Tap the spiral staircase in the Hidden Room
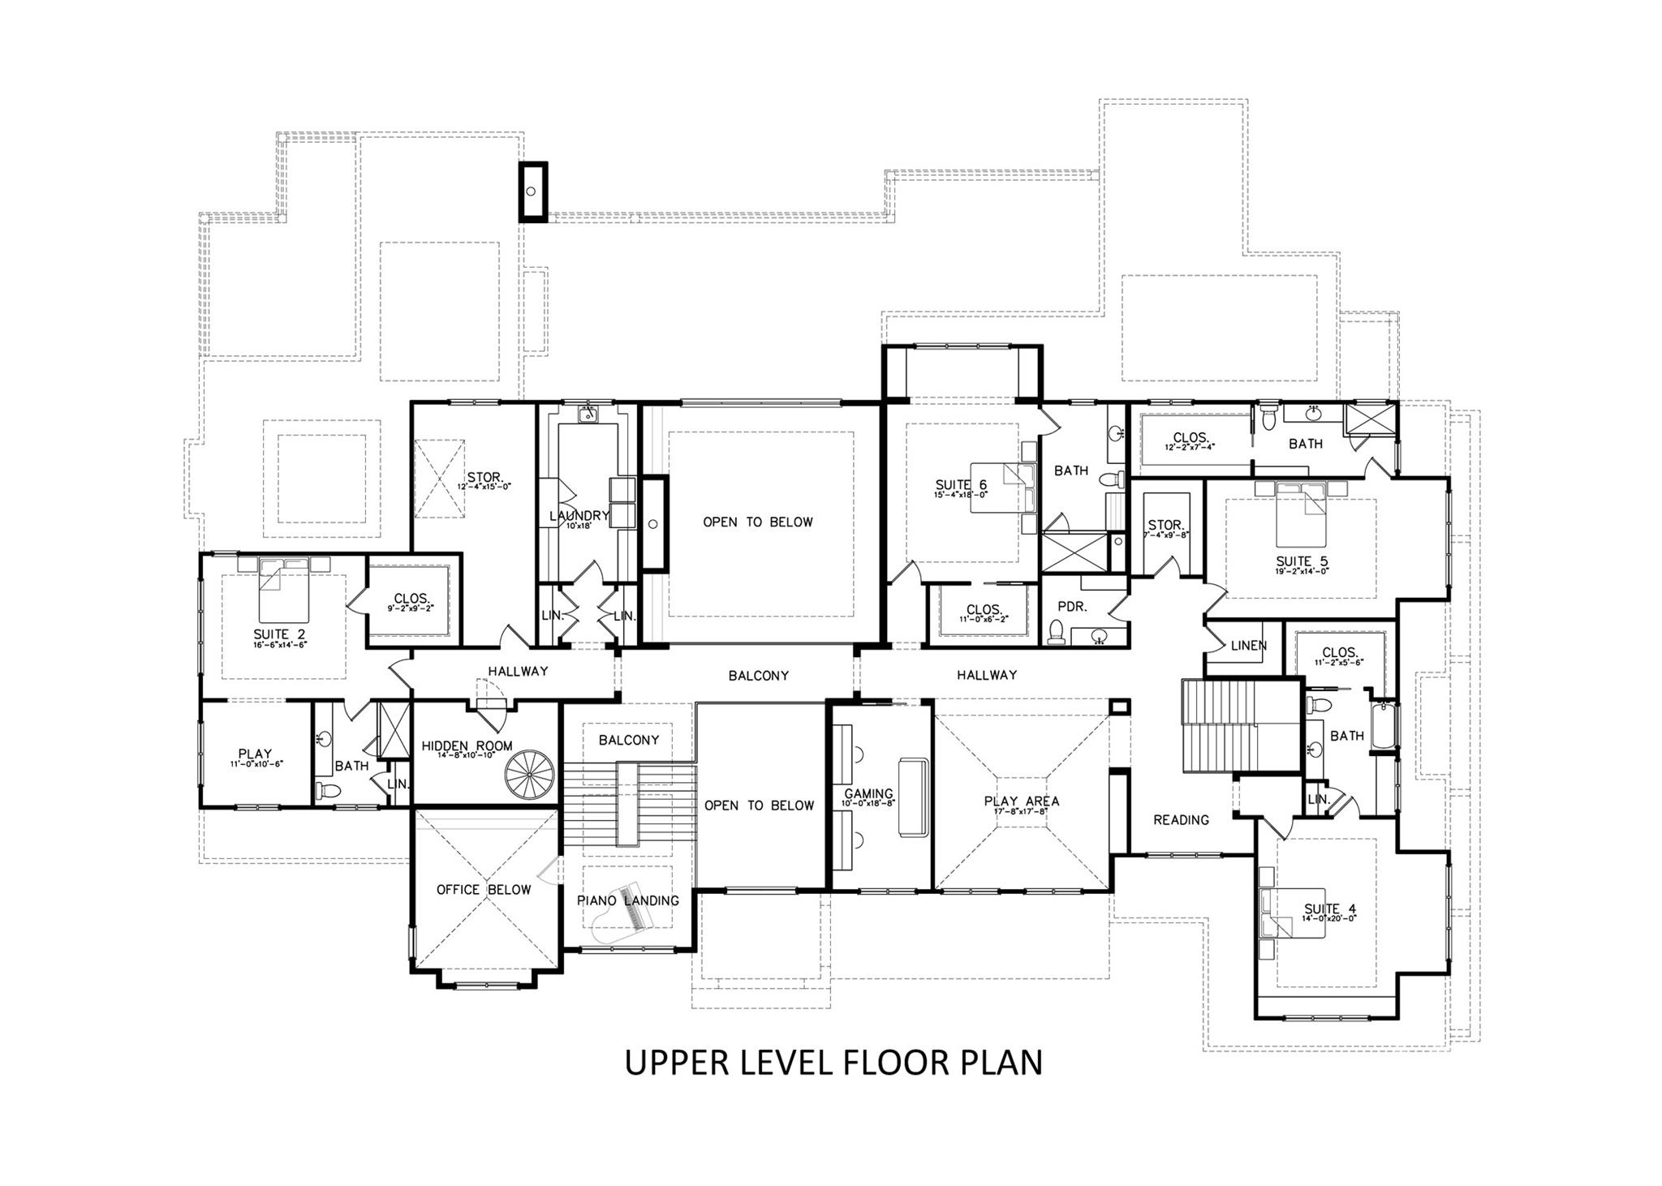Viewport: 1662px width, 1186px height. click(x=528, y=774)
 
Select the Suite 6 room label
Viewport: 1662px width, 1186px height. click(x=961, y=485)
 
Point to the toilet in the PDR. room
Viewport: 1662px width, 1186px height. click(x=1056, y=631)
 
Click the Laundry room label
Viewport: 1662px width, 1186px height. click(x=579, y=516)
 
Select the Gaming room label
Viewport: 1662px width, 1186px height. click(x=868, y=794)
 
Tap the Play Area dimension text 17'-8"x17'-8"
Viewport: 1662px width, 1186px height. click(x=1021, y=811)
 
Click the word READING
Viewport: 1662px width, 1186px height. click(x=1181, y=820)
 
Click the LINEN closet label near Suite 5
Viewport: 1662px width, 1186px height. click(x=1248, y=646)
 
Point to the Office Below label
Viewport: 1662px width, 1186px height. click(x=484, y=890)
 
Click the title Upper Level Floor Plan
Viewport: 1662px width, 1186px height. click(x=833, y=1063)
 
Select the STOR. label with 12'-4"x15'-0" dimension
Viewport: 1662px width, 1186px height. click(x=484, y=477)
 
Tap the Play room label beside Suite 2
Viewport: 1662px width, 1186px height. click(x=255, y=754)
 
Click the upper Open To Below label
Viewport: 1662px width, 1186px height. click(x=757, y=522)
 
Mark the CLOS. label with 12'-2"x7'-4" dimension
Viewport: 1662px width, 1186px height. click(x=1191, y=438)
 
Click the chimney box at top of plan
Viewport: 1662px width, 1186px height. click(x=532, y=191)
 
